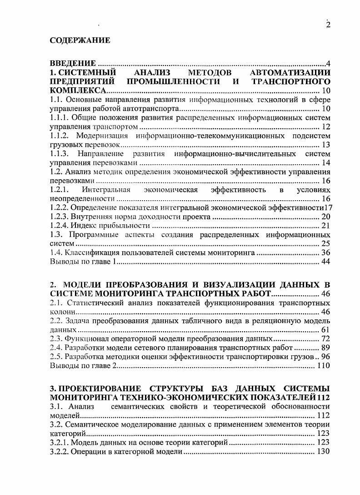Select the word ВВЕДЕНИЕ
click(73, 63)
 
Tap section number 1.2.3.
click(60, 217)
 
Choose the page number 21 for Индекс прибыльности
click(325, 226)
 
